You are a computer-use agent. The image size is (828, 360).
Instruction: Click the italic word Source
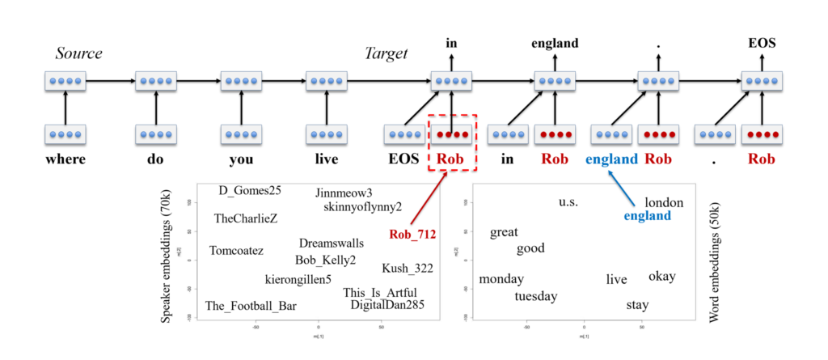pyautogui.click(x=78, y=53)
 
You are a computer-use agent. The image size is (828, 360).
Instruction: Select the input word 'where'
pyautogui.click(x=65, y=159)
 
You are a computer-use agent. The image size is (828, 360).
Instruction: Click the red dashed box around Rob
pyautogui.click(x=452, y=142)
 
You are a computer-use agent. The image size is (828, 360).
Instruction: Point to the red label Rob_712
pyautogui.click(x=412, y=235)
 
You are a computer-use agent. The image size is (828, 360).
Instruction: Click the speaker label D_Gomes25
pyautogui.click(x=250, y=191)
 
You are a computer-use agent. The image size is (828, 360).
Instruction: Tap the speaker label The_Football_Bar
pyautogui.click(x=251, y=306)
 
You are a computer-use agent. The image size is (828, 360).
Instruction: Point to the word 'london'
pyautogui.click(x=664, y=202)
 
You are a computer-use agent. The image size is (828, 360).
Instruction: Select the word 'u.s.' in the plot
pyautogui.click(x=568, y=201)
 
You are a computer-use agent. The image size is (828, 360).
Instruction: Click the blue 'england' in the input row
pyautogui.click(x=611, y=159)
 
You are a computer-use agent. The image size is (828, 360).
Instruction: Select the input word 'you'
pyautogui.click(x=241, y=159)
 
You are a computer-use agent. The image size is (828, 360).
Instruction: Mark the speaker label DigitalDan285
pyautogui.click(x=387, y=305)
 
